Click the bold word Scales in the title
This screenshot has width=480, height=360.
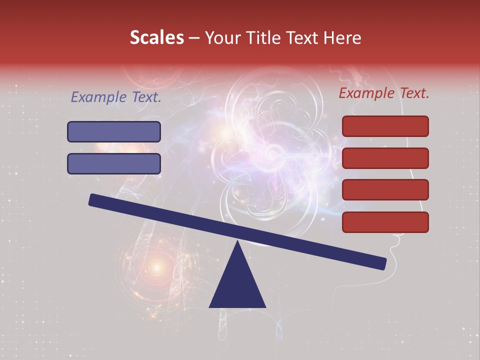(156, 37)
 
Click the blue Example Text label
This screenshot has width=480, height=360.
(116, 97)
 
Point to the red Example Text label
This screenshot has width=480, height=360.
(384, 93)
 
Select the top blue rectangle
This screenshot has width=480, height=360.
(114, 131)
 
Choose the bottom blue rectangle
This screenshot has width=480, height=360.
(114, 163)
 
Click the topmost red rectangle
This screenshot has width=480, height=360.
(385, 126)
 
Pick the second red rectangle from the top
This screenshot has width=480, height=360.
(385, 158)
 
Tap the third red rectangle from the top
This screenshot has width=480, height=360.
(385, 190)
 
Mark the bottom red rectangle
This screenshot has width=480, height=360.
(385, 222)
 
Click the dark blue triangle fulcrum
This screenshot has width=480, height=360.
(237, 285)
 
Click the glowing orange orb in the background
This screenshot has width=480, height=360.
(156, 268)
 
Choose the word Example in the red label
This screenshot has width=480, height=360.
(363, 93)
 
